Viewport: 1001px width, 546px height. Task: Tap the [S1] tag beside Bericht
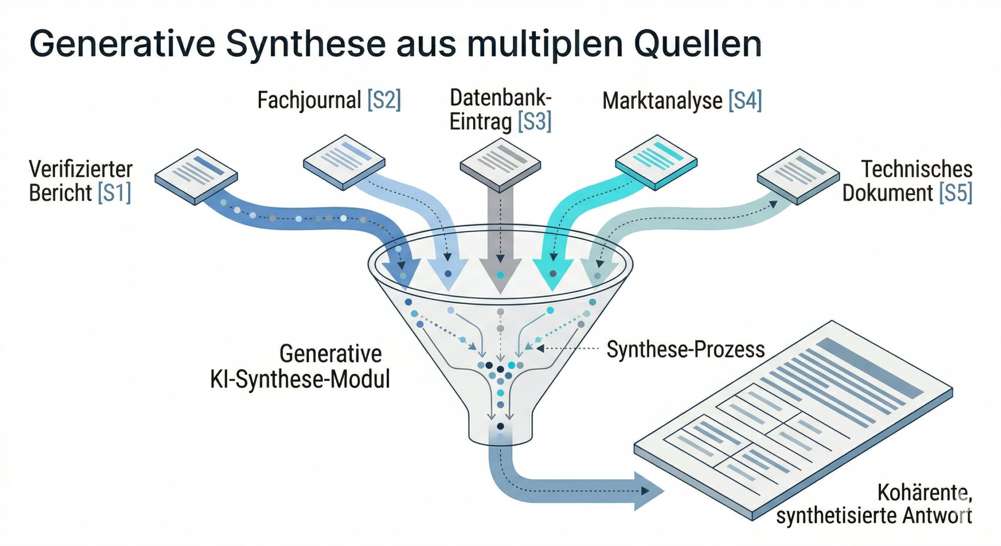pos(114,193)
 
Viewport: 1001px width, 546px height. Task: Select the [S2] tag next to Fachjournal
pos(384,100)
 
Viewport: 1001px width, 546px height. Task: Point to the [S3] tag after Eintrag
pos(534,122)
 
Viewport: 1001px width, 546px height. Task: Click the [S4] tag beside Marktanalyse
pos(745,101)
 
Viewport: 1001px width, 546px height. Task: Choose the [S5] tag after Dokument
pos(955,193)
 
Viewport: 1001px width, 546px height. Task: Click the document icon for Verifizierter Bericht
pos(196,176)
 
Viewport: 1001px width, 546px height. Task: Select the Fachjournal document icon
pos(344,162)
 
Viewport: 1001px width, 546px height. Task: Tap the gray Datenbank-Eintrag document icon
pos(500,163)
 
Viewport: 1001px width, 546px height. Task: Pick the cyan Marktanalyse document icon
pos(656,162)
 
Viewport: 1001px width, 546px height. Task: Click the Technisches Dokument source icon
pos(798,176)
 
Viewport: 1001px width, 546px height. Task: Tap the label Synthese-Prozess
pos(685,349)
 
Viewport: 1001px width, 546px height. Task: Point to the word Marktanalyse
pos(662,101)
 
